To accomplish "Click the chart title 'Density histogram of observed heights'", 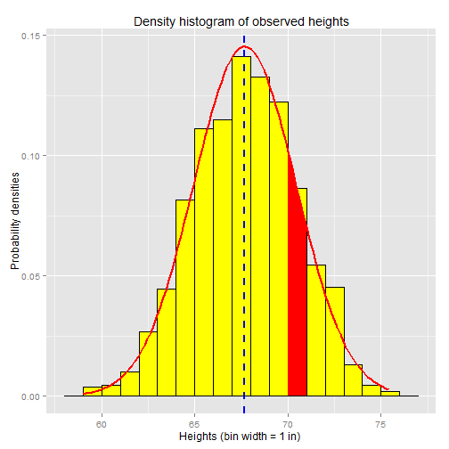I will pos(241,20).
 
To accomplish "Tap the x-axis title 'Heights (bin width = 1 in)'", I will pos(241,437).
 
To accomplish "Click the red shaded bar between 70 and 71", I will pos(297,312).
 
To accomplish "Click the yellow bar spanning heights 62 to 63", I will pos(148,365).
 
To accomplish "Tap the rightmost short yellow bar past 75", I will pos(390,394).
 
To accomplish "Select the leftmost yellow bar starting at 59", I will pos(92,392).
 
